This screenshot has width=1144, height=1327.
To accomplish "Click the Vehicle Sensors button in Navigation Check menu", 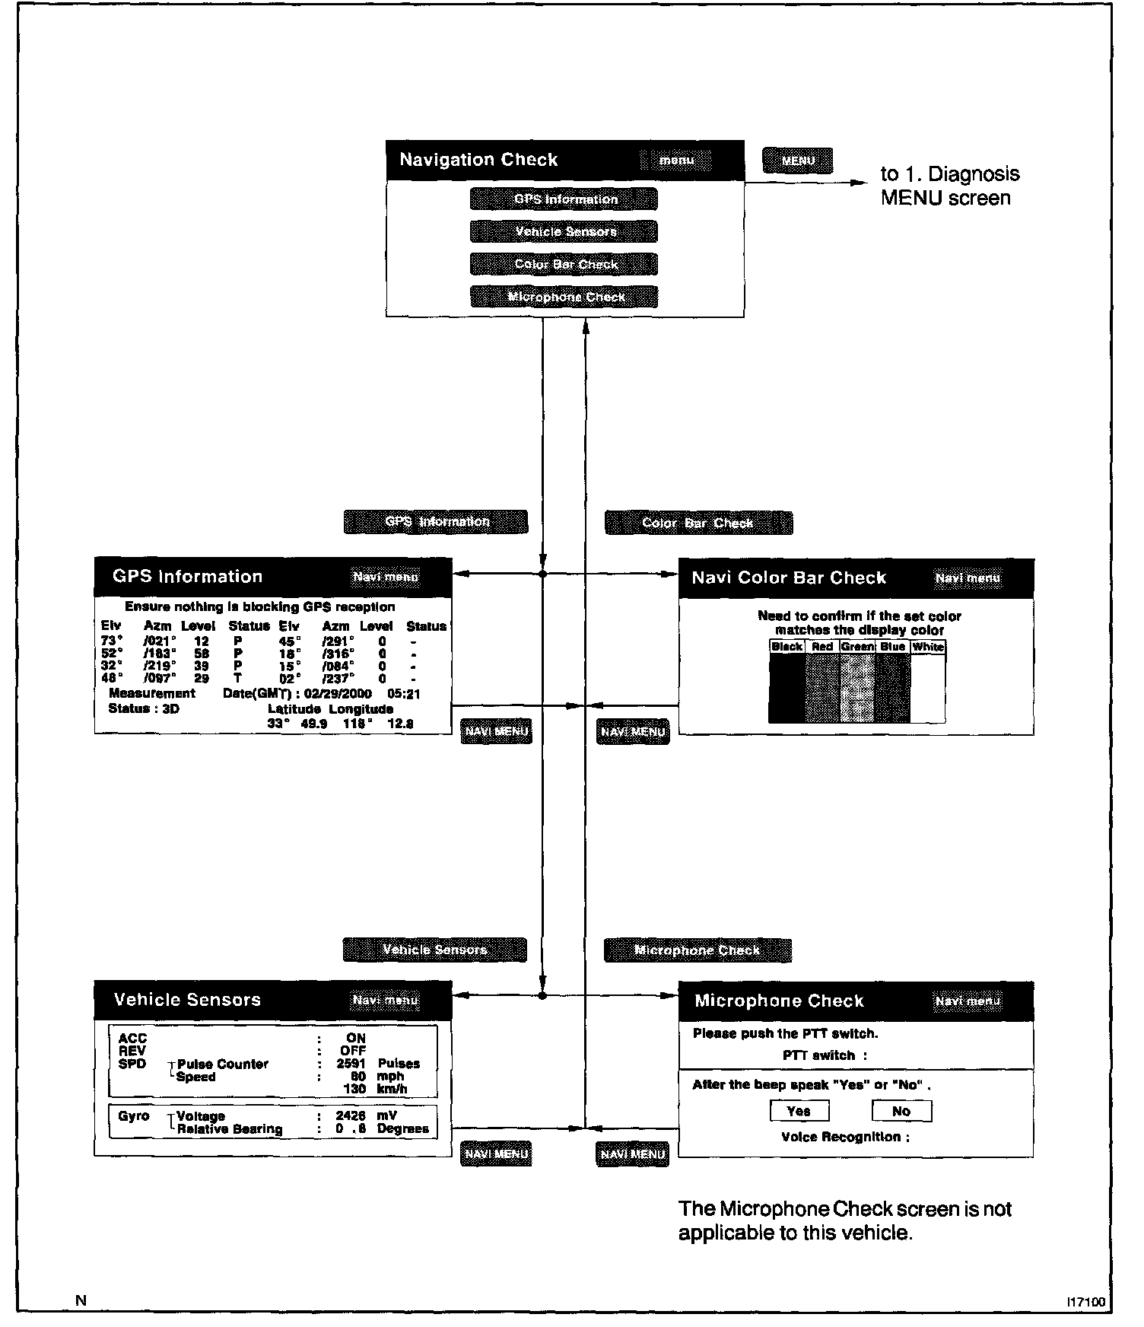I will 564,231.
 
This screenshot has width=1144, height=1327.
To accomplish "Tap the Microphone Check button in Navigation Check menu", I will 564,297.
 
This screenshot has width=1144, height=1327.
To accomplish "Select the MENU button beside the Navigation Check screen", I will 797,161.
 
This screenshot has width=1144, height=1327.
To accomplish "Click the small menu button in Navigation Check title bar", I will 676,161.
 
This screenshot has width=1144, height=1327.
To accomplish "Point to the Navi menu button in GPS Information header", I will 386,577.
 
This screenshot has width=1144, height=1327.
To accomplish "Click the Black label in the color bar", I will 786,647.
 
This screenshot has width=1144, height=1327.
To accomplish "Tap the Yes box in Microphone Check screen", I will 798,1111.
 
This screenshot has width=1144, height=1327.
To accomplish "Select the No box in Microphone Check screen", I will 901,1111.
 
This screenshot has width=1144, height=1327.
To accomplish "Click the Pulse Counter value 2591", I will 351,1064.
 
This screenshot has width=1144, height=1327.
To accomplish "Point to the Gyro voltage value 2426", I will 351,1116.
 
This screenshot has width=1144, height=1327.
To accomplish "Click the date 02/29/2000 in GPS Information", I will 337,694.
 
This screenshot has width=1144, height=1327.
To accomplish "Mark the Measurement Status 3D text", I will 145,708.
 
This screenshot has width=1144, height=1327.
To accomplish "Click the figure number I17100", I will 1085,1302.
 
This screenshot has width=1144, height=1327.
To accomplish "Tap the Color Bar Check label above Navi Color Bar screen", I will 698,523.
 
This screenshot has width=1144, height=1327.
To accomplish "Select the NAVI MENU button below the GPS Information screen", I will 496,731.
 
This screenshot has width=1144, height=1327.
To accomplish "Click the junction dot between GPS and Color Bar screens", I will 542,574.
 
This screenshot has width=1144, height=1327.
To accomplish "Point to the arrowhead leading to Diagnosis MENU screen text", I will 860,183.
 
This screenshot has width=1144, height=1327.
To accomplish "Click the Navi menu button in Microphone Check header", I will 968,1001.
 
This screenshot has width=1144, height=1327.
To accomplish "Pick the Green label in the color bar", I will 857,647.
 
